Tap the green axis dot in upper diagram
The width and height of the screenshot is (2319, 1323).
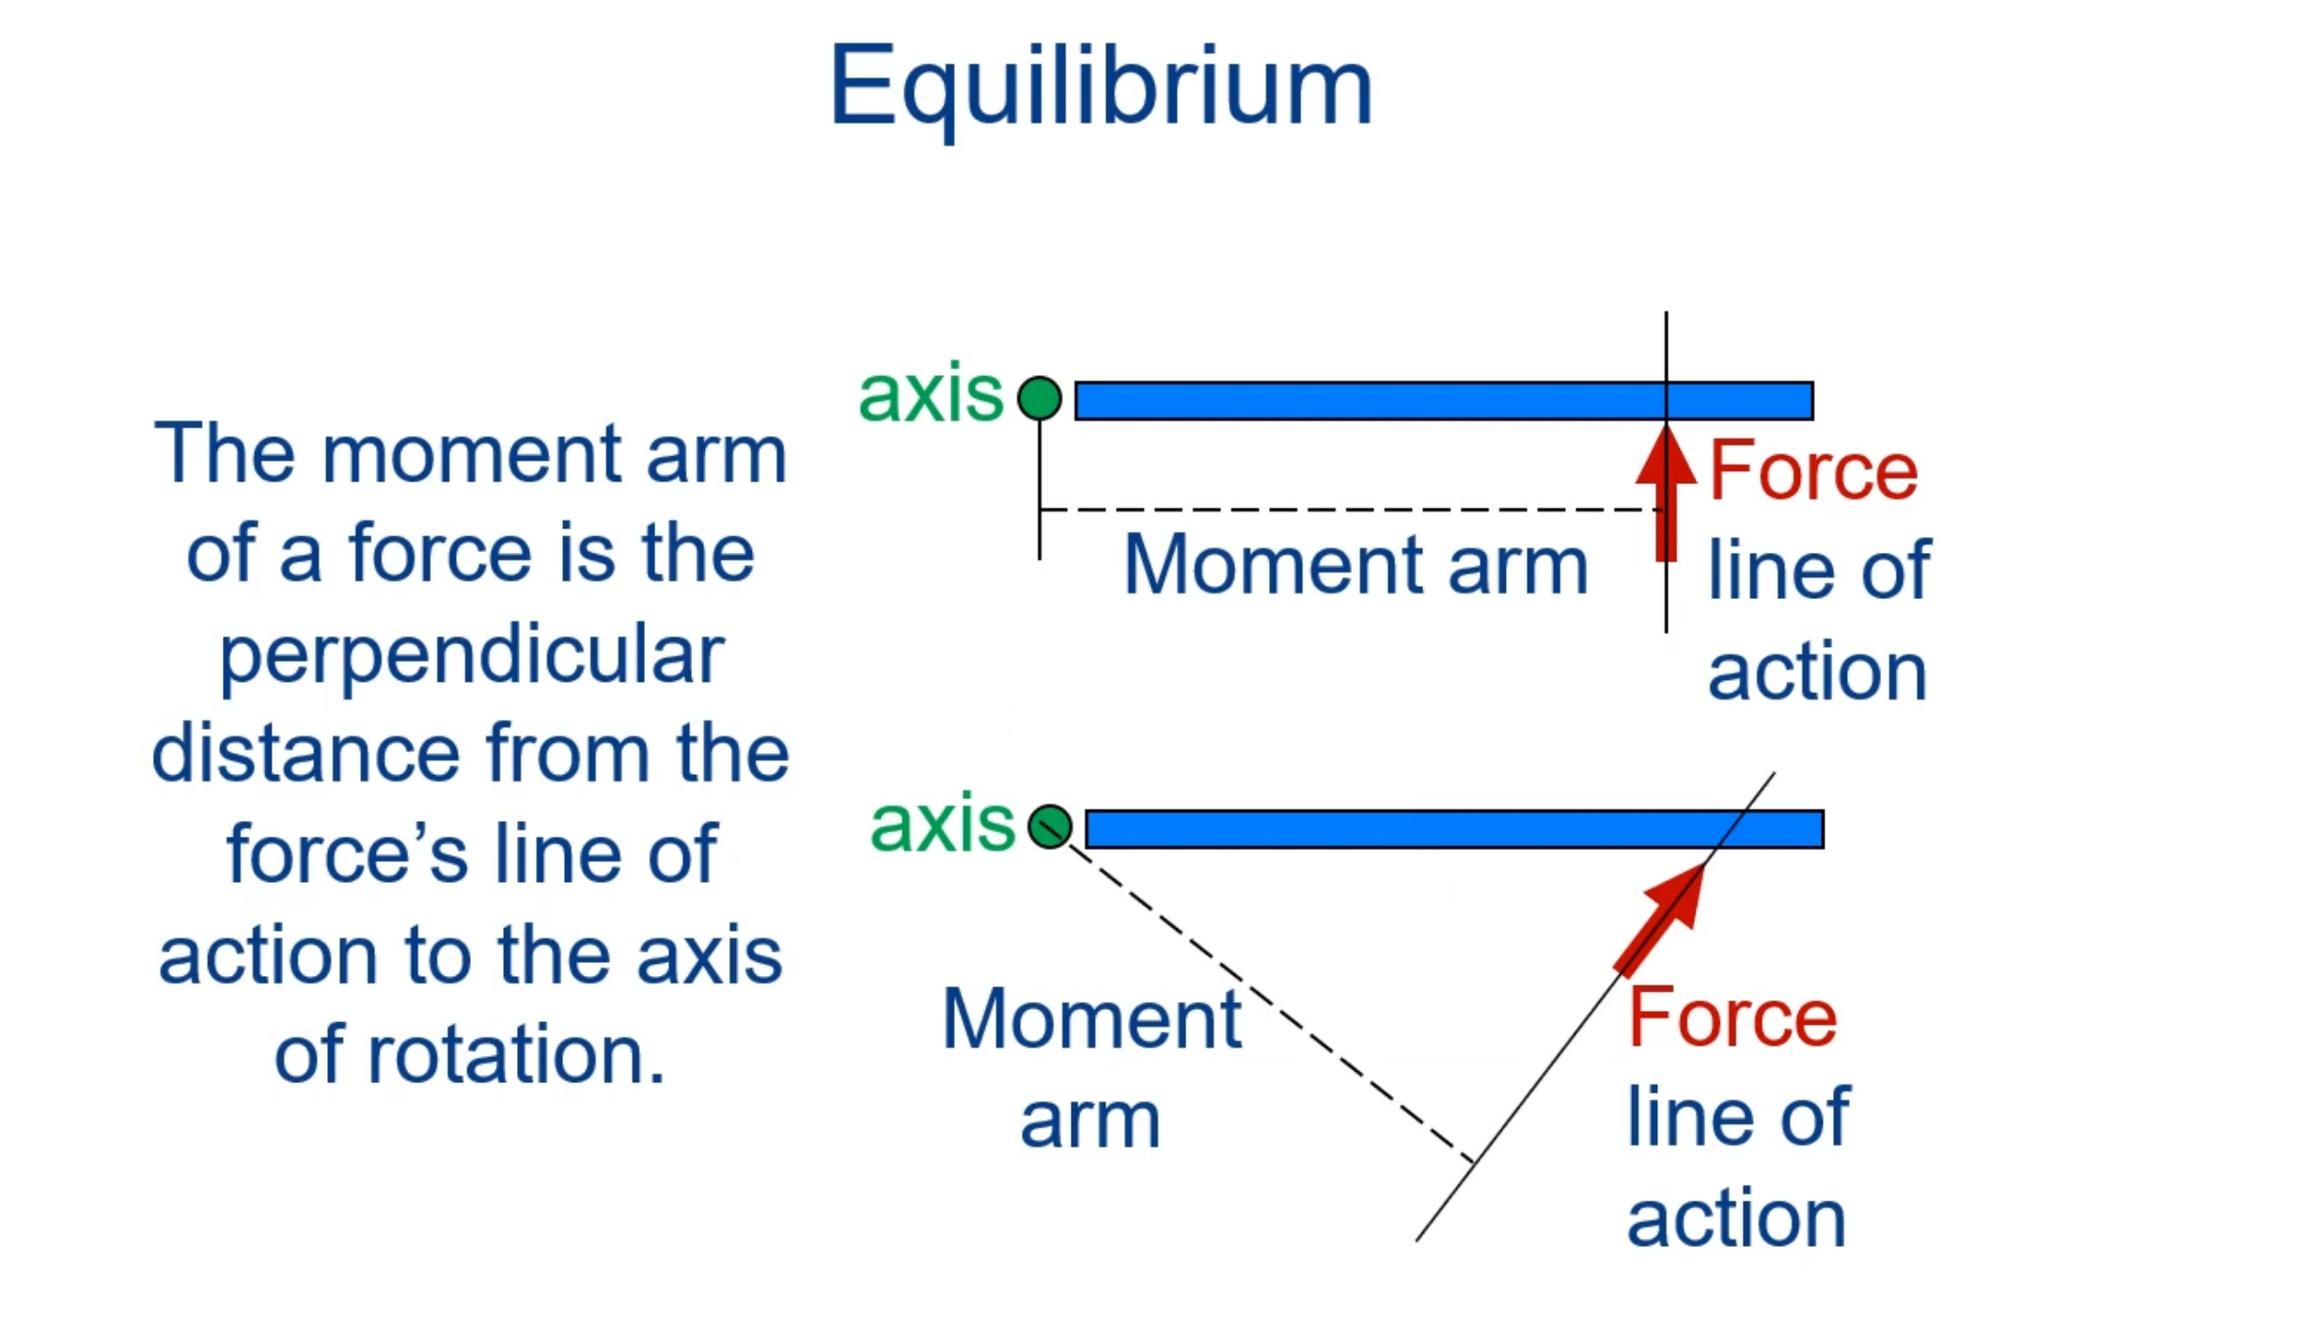(x=1039, y=398)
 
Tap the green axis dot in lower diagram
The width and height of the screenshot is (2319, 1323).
(x=1049, y=827)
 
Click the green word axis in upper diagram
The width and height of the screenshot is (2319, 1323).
(x=930, y=394)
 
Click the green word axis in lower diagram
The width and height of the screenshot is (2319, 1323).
(x=942, y=824)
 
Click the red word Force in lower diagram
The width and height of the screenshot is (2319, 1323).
(x=1731, y=1017)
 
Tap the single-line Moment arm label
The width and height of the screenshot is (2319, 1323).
(x=1355, y=565)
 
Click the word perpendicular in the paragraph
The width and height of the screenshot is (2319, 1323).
(x=471, y=654)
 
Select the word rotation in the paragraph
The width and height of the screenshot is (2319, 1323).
(x=515, y=1055)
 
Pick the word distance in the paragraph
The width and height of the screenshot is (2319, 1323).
(x=306, y=753)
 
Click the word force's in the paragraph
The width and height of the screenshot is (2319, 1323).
(x=347, y=854)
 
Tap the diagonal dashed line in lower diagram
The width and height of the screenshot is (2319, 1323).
(x=1269, y=997)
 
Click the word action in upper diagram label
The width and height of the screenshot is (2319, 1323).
(x=1816, y=672)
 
